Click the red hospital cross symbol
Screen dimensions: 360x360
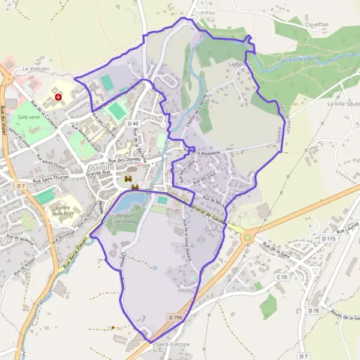58,96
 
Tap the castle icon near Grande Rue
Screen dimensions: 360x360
128,179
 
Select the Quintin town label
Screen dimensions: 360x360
99,167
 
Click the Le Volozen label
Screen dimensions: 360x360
35,69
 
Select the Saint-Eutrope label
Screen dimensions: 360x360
173,344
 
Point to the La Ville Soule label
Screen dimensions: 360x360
343,103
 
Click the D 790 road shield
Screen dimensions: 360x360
175,317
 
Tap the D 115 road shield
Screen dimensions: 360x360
327,239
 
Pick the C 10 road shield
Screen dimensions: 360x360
282,277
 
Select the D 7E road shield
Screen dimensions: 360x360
314,310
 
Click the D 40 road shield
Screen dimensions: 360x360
133,123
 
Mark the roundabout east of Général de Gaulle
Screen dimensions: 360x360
247,238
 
